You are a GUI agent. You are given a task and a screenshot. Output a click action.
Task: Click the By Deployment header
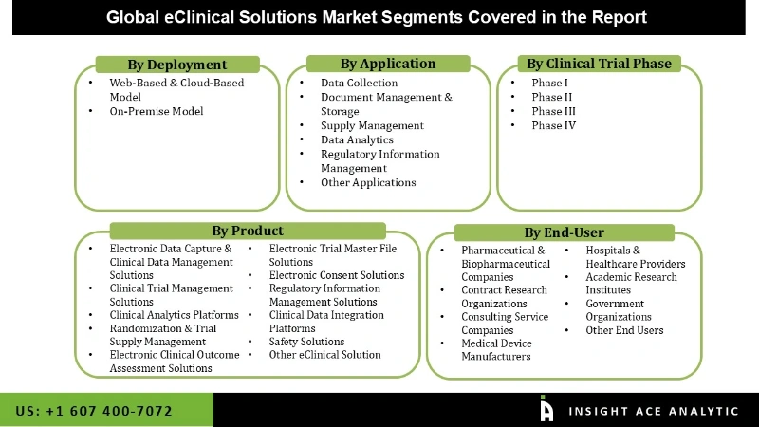[177, 65]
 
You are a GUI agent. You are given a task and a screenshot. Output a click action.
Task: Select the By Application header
[388, 64]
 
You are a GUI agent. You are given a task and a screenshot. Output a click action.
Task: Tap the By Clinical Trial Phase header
[599, 64]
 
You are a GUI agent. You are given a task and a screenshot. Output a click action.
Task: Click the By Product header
[248, 231]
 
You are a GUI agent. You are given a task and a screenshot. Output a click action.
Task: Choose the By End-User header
[564, 232]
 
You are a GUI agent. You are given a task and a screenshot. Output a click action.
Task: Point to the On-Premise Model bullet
[157, 111]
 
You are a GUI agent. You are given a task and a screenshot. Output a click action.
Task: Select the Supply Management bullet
[372, 125]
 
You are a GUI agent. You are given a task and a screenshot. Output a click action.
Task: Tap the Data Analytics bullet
[357, 139]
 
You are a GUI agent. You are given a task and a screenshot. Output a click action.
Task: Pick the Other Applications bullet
[368, 182]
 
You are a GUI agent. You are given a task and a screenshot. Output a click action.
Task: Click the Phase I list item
[551, 83]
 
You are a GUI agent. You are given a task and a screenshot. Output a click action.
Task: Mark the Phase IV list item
[553, 125]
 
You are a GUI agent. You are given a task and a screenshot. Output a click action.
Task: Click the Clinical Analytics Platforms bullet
[175, 315]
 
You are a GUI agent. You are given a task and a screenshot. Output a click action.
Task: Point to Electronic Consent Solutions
[337, 275]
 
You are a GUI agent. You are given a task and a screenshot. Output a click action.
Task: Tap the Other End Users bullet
[624, 330]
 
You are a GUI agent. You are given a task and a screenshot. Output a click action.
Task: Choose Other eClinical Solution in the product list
[324, 355]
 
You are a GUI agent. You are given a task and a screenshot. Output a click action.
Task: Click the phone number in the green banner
[94, 411]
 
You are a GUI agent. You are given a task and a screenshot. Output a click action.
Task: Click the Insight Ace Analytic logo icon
[546, 409]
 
